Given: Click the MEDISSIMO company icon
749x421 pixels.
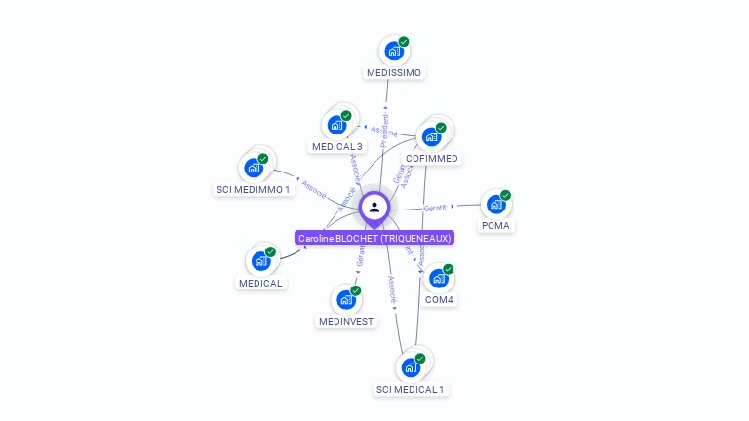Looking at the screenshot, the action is [x=394, y=51].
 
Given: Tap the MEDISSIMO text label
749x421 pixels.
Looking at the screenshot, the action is [x=394, y=72].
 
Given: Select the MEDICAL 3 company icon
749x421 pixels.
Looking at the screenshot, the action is [x=336, y=125].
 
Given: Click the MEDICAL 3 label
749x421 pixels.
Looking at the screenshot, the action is [x=337, y=147].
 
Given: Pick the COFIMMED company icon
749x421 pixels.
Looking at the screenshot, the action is [x=431, y=136].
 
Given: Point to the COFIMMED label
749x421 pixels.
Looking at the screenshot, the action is [x=431, y=158].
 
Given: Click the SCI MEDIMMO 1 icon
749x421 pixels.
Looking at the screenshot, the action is [x=254, y=168].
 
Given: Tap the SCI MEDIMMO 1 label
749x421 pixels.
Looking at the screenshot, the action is [x=254, y=189].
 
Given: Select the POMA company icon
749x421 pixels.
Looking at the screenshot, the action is [x=495, y=205].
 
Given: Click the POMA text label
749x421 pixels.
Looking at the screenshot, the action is [x=495, y=225].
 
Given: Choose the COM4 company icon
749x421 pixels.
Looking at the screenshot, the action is [x=439, y=279].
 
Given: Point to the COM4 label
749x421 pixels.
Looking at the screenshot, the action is [x=440, y=299].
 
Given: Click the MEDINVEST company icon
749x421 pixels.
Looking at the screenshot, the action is [x=346, y=300].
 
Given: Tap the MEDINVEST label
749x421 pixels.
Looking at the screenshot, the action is [x=346, y=322].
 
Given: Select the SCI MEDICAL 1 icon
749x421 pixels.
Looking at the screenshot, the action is [x=411, y=367].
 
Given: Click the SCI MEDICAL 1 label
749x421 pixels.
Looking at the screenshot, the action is [x=410, y=389].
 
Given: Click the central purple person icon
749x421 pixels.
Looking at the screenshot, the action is [x=374, y=207].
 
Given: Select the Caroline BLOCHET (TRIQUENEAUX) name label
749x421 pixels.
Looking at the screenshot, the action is [x=374, y=238].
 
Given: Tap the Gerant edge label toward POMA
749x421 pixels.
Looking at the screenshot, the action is [x=435, y=208].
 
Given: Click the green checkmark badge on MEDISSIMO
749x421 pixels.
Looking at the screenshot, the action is [x=404, y=42].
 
